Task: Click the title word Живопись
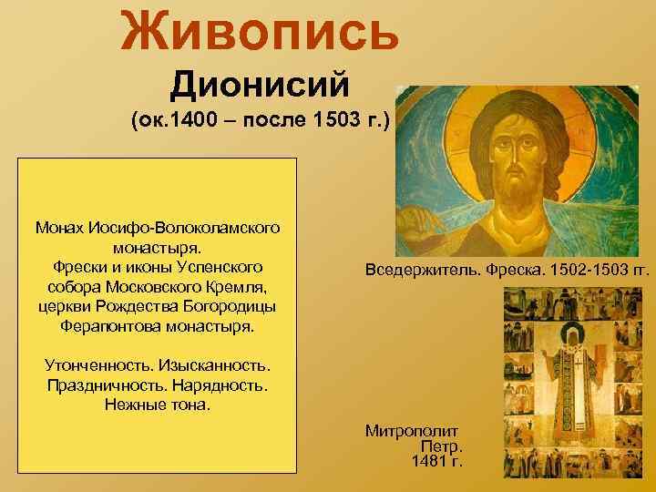pyautogui.click(x=261, y=29)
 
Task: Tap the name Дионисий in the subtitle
pyautogui.click(x=260, y=88)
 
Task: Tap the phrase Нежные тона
pyautogui.click(x=158, y=404)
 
